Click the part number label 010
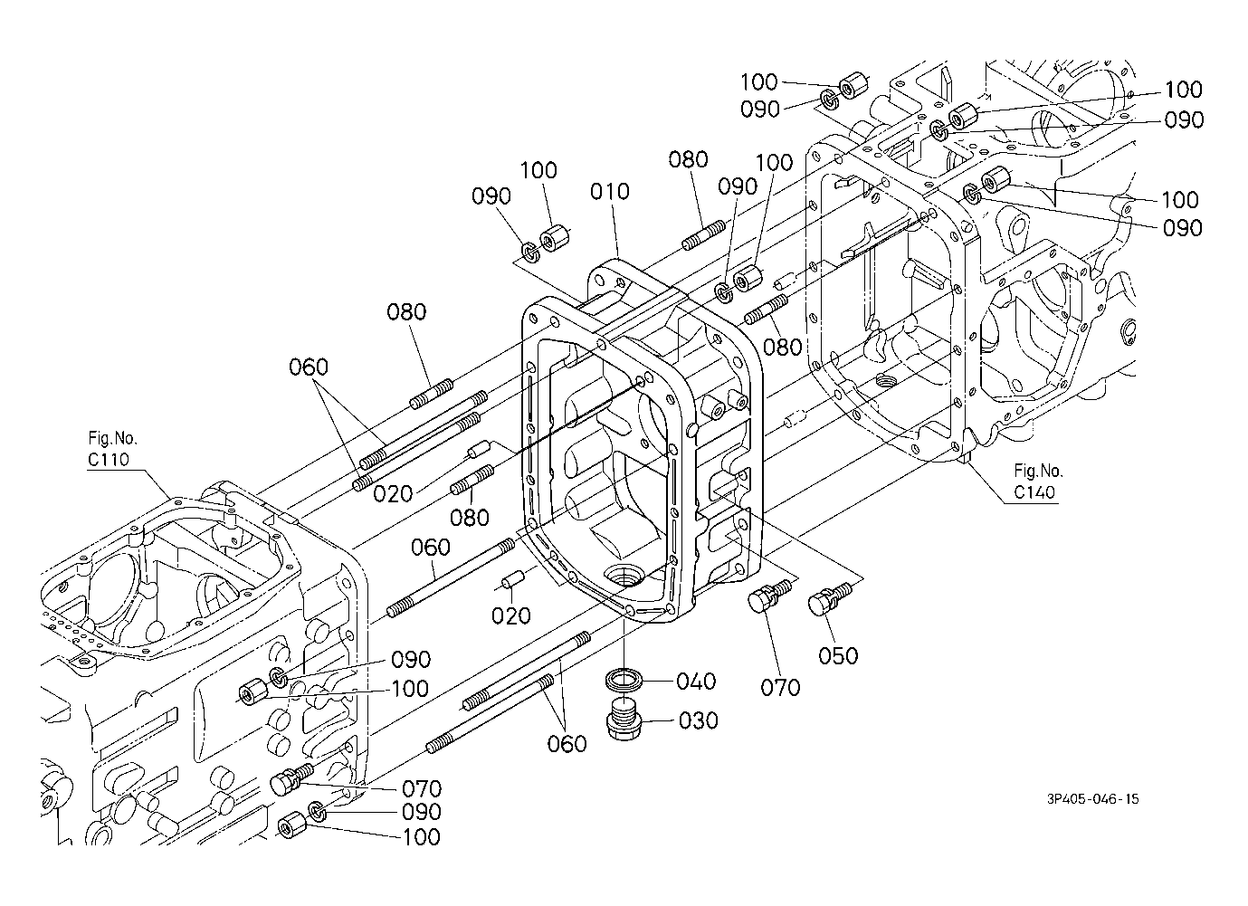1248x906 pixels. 609,192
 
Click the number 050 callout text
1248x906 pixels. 838,656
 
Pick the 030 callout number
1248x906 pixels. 698,721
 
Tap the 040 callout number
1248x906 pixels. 696,681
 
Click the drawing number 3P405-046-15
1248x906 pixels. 1093,799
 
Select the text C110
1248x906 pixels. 108,460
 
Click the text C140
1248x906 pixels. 1034,492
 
